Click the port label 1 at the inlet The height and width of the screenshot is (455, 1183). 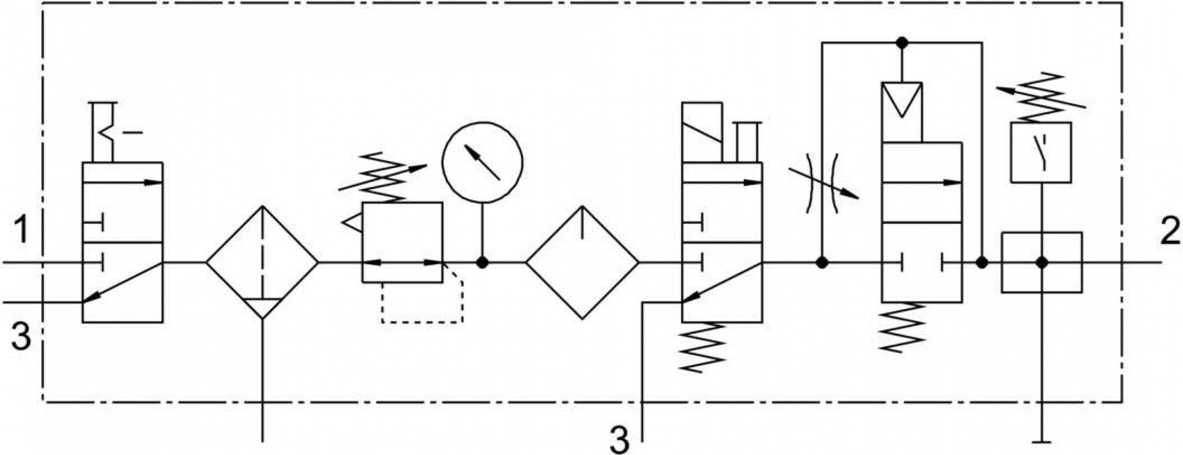click(x=21, y=229)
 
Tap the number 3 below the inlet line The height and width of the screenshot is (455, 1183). click(x=21, y=336)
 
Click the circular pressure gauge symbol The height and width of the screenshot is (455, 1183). click(x=482, y=162)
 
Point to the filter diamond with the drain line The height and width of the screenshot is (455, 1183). click(x=262, y=263)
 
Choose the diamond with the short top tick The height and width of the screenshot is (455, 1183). click(x=582, y=263)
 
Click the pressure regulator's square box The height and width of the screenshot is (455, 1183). click(x=402, y=242)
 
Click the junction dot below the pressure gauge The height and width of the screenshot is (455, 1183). click(x=482, y=263)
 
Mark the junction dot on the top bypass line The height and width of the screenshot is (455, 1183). click(x=901, y=43)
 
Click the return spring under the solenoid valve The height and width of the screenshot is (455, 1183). click(x=701, y=346)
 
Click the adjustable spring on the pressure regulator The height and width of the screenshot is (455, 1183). click(x=383, y=177)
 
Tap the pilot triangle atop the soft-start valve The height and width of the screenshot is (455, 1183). click(x=901, y=99)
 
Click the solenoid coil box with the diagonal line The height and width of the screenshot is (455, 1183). click(x=702, y=132)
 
